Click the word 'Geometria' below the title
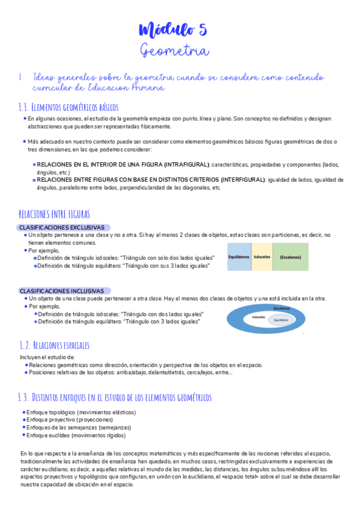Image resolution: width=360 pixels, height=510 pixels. pyautogui.click(x=174, y=51)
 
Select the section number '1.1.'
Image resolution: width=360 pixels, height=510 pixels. pyautogui.click(x=24, y=107)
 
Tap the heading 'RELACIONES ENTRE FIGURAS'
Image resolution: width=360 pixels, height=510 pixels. pyautogui.click(x=55, y=214)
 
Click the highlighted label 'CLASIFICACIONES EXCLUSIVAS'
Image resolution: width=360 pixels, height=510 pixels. pyautogui.click(x=62, y=227)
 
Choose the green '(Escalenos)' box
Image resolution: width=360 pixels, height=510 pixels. pyautogui.click(x=291, y=257)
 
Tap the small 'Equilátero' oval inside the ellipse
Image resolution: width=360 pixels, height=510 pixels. pyautogui.click(x=281, y=321)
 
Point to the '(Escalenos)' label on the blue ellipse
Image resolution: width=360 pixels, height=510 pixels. pyautogui.click(x=281, y=308)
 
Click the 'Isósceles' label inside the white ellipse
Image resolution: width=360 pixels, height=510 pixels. pyautogui.click(x=259, y=316)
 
